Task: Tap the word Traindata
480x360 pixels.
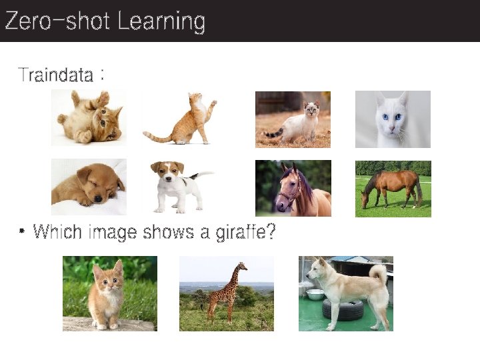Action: [x=57, y=74]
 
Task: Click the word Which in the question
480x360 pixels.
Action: [x=57, y=232]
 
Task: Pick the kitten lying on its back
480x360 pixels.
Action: [x=89, y=119]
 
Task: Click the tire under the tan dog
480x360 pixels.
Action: [x=344, y=310]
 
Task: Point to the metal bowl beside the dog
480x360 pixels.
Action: [x=315, y=294]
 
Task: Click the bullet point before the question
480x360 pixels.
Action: [x=23, y=232]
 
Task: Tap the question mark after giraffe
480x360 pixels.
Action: [x=271, y=232]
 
